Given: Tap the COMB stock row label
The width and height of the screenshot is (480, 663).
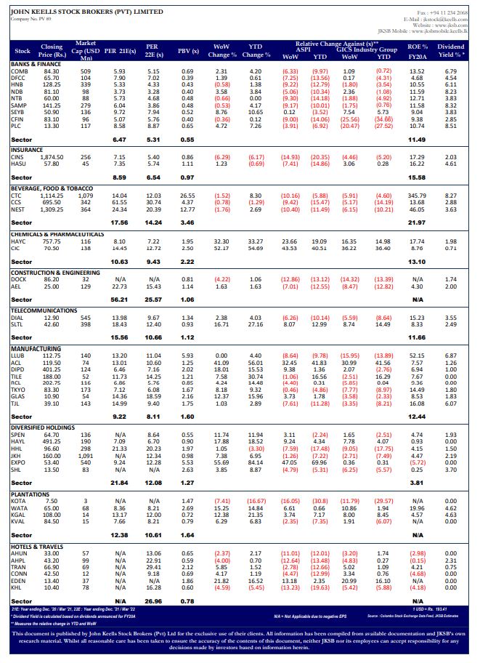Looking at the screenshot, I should (x=21, y=71).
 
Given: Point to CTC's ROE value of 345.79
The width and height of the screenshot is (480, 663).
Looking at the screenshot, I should (x=417, y=196).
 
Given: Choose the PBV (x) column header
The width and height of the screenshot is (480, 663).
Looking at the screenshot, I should (x=188, y=52).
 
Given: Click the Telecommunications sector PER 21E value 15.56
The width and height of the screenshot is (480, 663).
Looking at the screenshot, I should (x=120, y=337).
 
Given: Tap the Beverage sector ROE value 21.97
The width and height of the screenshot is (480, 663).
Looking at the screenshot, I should (x=418, y=222).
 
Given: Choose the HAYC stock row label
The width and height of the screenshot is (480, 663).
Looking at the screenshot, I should (x=21, y=241).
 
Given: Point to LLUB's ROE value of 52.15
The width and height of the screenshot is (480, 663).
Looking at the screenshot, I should (x=418, y=355).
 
